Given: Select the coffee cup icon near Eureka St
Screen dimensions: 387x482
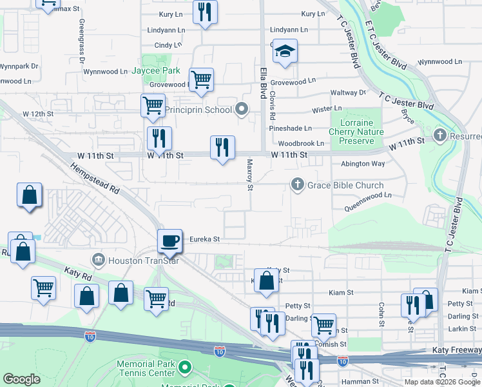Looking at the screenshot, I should (x=169, y=241).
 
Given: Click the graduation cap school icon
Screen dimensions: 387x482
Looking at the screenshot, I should (x=284, y=52).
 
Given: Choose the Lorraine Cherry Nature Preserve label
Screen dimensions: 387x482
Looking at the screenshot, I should (x=356, y=132).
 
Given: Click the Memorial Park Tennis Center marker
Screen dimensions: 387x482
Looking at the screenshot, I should (x=186, y=368).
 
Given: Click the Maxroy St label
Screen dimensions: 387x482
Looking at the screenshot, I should (x=249, y=175).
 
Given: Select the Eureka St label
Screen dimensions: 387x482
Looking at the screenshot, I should (x=205, y=239).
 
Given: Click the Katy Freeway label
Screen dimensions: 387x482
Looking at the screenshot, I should (x=455, y=349).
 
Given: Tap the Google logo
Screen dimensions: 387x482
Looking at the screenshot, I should (x=21, y=379).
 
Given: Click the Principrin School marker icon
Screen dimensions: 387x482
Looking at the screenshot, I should (x=242, y=109).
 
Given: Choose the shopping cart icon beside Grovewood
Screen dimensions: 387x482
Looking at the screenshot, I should (x=201, y=79).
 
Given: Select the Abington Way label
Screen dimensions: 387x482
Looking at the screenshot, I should (x=363, y=164).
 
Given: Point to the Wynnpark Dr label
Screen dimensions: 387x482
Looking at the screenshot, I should (x=19, y=66).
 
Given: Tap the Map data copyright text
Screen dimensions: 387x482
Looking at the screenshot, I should (x=442, y=382).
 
